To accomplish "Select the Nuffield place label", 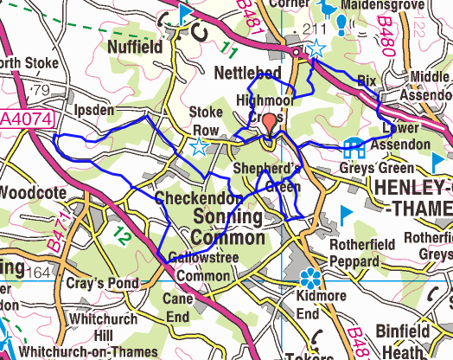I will click(134, 47).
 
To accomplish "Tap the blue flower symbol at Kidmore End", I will click(310, 279).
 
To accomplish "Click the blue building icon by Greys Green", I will click(353, 147).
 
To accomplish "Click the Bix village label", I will click(367, 80).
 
